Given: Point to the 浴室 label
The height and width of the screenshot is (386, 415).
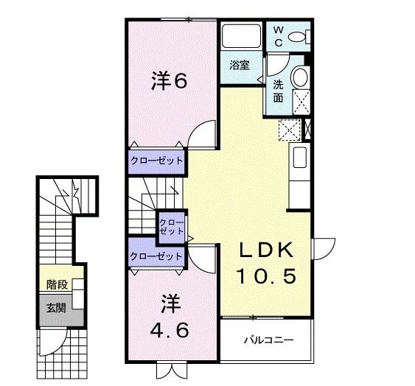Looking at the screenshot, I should click(239, 65).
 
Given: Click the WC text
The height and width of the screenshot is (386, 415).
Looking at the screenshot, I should click(279, 35).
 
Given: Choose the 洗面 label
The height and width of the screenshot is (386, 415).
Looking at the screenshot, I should click(279, 90).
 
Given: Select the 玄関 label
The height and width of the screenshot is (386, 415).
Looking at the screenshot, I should click(55, 307).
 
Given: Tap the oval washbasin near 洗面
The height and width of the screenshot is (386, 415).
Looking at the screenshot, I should click(299, 78).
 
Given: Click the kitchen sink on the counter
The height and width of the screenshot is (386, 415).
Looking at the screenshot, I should click(300, 158).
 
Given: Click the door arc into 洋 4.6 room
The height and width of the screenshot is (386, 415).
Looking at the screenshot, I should click(201, 261).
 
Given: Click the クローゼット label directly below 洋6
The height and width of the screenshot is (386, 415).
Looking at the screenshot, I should click(156, 160).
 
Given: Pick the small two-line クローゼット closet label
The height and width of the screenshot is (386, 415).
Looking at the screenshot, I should click(172, 225).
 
